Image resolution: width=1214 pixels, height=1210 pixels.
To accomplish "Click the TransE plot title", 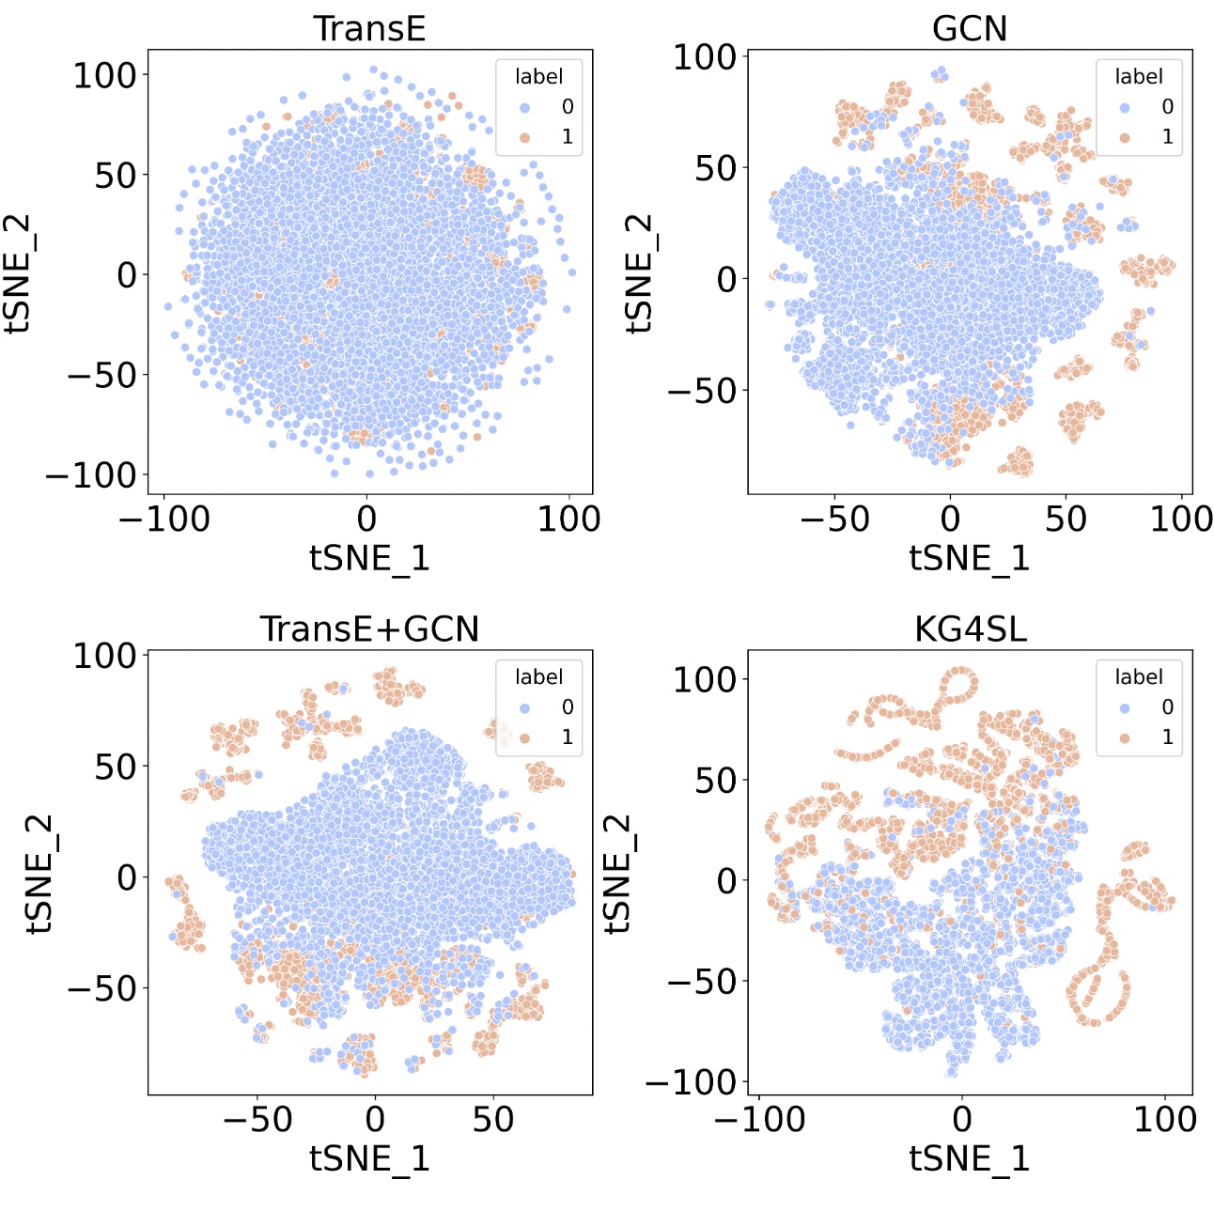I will pos(369,28).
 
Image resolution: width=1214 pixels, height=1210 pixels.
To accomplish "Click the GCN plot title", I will pos(969,28).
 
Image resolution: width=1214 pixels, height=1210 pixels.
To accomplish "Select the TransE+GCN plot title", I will pos(369,628).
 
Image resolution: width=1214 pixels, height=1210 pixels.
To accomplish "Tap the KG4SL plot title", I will pos(970,628).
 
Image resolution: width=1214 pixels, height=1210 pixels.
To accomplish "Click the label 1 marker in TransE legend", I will pos(524,137).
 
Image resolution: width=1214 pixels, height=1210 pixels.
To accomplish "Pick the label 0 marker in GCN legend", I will pos(1125,107).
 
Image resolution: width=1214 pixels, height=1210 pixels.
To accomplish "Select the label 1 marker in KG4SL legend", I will pos(1125,737).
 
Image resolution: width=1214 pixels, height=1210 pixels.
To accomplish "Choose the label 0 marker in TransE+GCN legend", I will pos(524,707).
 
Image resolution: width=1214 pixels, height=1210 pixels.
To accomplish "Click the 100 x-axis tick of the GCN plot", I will pos(1181,519).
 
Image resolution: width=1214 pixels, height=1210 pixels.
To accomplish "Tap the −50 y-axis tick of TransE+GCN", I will pos(101,988).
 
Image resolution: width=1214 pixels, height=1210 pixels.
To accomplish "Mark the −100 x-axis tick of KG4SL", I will pos(759,1119).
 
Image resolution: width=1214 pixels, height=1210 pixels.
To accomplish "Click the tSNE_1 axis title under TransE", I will pos(369,558).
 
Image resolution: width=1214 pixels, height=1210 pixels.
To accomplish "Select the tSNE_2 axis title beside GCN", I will pos(639,273).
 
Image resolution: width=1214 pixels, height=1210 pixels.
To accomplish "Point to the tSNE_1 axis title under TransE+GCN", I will pos(369,1158).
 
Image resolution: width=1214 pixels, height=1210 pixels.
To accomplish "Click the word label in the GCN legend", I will pos(1138,76).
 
